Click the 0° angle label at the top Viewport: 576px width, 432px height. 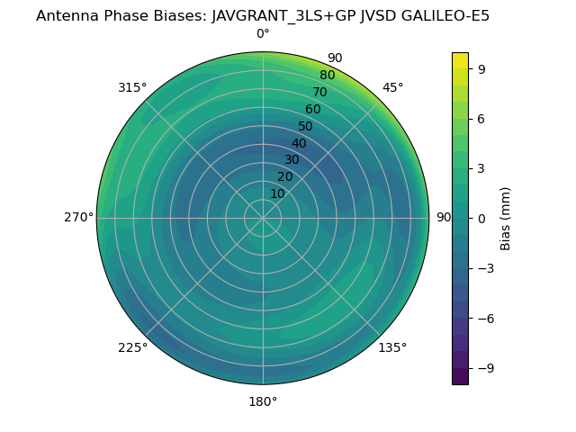[263, 34]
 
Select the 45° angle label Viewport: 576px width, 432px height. [392, 87]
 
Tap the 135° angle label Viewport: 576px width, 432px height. [392, 347]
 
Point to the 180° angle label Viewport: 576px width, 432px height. [263, 401]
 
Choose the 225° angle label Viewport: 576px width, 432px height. [132, 347]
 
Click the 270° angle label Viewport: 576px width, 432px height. [78, 217]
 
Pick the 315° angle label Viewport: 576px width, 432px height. [132, 87]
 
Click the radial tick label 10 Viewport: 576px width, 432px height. [277, 193]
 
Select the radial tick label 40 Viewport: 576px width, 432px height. [299, 143]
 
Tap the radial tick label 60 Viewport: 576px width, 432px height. [313, 109]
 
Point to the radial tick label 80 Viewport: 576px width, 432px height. [327, 75]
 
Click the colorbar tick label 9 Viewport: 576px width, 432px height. [482, 68]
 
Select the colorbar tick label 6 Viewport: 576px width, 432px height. [482, 118]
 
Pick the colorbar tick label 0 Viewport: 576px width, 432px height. [482, 218]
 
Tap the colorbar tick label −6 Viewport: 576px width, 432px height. [486, 318]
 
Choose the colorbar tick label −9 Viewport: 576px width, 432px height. [486, 368]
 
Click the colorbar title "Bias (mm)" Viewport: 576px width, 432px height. [506, 218]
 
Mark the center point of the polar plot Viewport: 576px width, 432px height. [263, 218]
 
